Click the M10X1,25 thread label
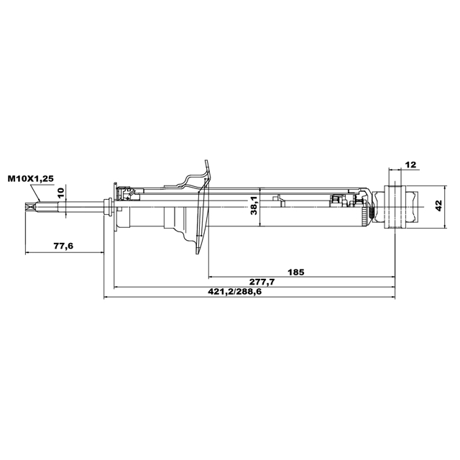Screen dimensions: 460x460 tap(31, 179)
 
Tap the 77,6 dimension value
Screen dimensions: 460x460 tap(63, 246)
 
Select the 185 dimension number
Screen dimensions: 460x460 tap(295, 272)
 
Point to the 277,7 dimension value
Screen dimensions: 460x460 tap(262, 282)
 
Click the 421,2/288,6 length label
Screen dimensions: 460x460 tap(235, 292)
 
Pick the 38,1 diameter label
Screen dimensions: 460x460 tap(254, 206)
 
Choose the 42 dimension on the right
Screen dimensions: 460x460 tap(438, 206)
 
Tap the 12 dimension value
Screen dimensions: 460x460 tap(410, 165)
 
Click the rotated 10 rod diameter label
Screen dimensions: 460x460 tap(60, 193)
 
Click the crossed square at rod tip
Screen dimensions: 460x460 tap(30, 207)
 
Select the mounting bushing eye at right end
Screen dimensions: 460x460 tap(395, 207)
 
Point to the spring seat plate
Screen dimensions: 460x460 tap(203, 207)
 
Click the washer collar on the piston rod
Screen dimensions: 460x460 tap(108, 207)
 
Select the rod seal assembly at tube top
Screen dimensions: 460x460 tap(127, 194)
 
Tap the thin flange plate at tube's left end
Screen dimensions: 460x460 tap(115, 207)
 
